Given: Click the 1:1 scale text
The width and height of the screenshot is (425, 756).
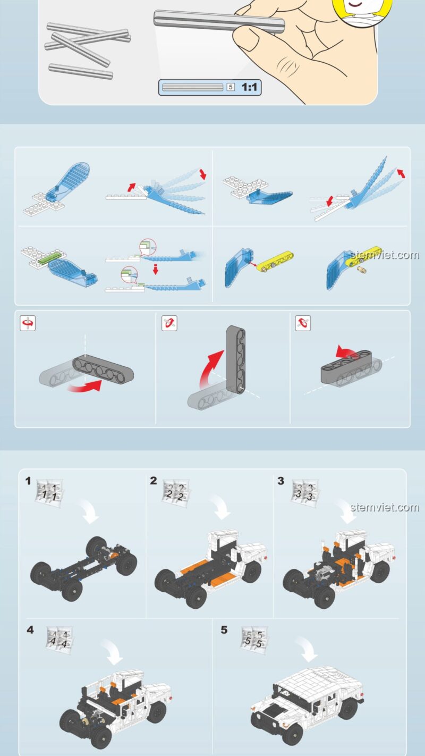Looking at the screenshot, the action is [x=249, y=87].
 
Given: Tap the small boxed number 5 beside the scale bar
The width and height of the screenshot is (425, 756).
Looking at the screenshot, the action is [x=231, y=87].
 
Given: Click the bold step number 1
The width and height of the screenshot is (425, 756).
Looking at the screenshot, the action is [x=28, y=481].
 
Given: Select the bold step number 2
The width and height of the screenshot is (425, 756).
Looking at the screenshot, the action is [x=154, y=481].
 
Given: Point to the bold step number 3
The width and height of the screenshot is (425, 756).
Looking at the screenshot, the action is [x=280, y=481].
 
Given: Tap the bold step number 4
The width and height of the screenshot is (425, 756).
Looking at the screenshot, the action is [x=30, y=630].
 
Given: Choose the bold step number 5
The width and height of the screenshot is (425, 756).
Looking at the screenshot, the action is [x=224, y=630].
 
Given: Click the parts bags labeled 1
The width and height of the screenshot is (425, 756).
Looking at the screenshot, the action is [x=49, y=491].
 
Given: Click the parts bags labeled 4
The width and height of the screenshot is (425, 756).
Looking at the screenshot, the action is [x=59, y=640].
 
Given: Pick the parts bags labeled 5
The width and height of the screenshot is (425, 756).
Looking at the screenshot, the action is [x=254, y=639].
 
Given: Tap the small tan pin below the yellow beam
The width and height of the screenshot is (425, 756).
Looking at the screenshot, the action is [x=362, y=270].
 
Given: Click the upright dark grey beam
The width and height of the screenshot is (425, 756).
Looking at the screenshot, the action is [x=236, y=359].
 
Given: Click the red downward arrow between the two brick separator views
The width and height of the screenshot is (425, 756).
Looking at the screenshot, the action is [x=156, y=270].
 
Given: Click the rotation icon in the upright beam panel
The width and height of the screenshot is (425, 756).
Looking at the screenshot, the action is [x=169, y=323].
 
